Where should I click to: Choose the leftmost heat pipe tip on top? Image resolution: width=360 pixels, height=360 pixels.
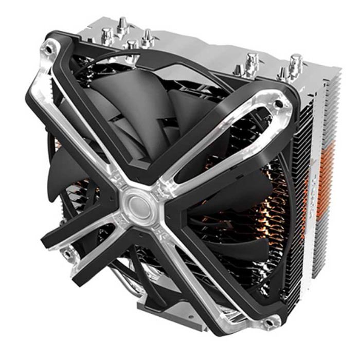point(107,35)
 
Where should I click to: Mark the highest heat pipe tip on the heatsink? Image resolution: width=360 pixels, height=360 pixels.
point(122,23)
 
